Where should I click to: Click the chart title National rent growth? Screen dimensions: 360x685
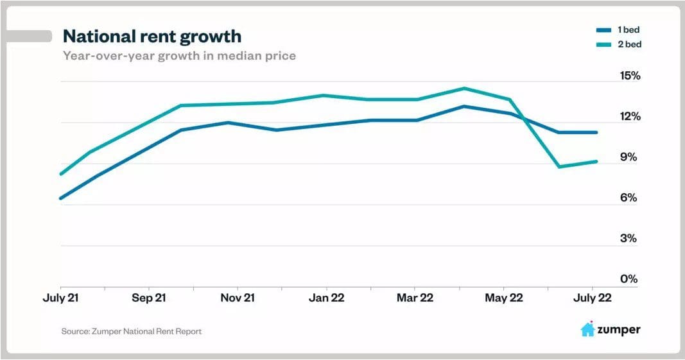click(152, 35)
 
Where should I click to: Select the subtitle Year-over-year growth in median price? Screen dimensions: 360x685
click(179, 56)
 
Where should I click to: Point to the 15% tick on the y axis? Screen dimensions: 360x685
click(629, 76)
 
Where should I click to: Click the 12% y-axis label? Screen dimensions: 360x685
click(629, 117)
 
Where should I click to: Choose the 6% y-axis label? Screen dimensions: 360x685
click(630, 198)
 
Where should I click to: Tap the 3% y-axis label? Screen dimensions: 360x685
click(630, 239)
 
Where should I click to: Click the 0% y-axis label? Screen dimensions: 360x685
click(630, 279)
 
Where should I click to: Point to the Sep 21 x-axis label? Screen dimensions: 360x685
click(148, 298)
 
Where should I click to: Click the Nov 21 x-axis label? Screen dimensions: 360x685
click(238, 298)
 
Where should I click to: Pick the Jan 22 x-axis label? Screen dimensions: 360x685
click(327, 298)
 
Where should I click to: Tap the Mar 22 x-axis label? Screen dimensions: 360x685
click(415, 298)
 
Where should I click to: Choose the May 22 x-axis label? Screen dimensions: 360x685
click(504, 298)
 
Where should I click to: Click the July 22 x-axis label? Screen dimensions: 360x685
click(592, 298)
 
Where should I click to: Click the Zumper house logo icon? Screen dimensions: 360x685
click(587, 330)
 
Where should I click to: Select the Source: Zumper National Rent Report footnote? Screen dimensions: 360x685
click(132, 332)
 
